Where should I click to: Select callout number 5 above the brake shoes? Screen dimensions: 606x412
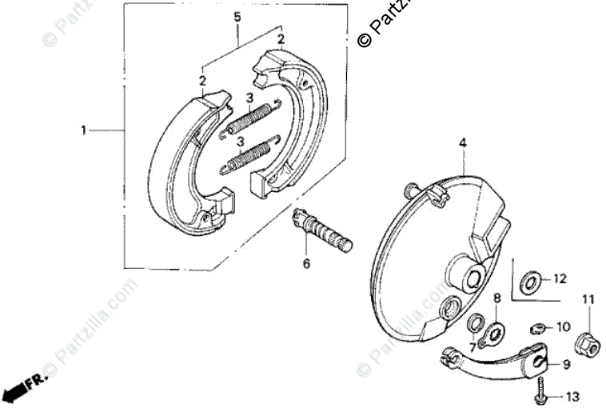[x=237, y=17]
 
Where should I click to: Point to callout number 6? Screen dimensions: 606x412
[x=305, y=264]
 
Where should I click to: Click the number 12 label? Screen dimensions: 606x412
[x=559, y=279]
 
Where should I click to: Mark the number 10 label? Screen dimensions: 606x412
[x=563, y=326]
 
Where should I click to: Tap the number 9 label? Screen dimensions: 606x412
[x=565, y=364]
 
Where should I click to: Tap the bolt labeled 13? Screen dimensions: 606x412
[x=541, y=391]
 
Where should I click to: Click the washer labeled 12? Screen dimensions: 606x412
[x=528, y=281]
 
